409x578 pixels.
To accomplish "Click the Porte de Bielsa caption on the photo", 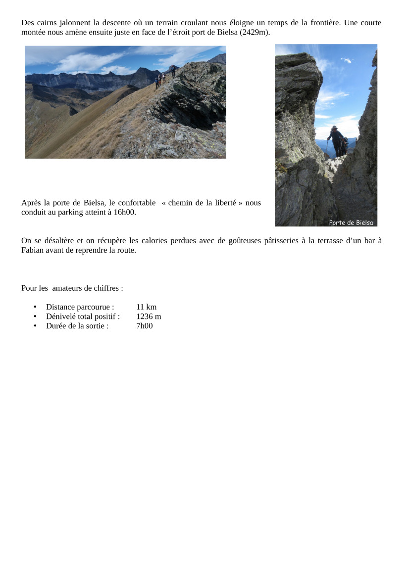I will pyautogui.click(x=351, y=222).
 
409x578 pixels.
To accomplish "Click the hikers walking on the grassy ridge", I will pyautogui.click(x=164, y=78).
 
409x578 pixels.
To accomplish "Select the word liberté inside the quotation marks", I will pyautogui.click(x=223, y=203).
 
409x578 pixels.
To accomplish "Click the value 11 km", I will pyautogui.click(x=146, y=307).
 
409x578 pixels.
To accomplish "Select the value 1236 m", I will pyautogui.click(x=149, y=316).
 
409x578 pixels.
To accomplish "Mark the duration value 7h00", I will pyautogui.click(x=145, y=326).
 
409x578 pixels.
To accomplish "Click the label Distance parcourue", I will pyautogui.click(x=80, y=307).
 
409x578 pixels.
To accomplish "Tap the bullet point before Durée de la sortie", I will pyautogui.click(x=35, y=326).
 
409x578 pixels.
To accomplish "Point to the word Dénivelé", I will pyautogui.click(x=61, y=316).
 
